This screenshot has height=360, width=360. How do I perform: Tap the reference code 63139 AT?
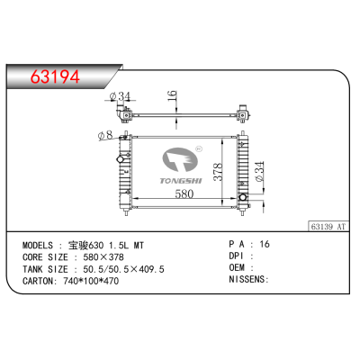point(331,228)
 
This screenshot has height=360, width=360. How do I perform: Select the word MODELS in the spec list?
point(40,245)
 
